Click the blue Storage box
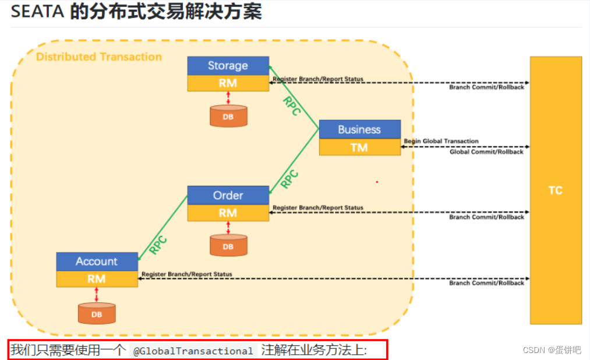(x=228, y=65)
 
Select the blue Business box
(x=359, y=129)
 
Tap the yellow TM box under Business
(x=359, y=147)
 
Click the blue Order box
(x=228, y=195)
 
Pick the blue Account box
(x=97, y=261)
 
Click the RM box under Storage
(x=228, y=83)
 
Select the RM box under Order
(x=228, y=213)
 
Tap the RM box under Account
(x=97, y=278)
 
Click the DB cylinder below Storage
(x=228, y=116)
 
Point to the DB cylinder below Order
(x=228, y=246)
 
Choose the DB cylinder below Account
(x=97, y=313)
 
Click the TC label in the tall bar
(x=555, y=190)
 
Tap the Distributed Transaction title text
(x=99, y=57)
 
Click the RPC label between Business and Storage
(x=292, y=105)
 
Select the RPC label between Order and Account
(x=158, y=245)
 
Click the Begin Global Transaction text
(x=441, y=141)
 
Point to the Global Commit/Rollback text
(x=486, y=151)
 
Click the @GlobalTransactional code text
(x=193, y=351)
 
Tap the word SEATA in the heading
(x=37, y=12)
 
